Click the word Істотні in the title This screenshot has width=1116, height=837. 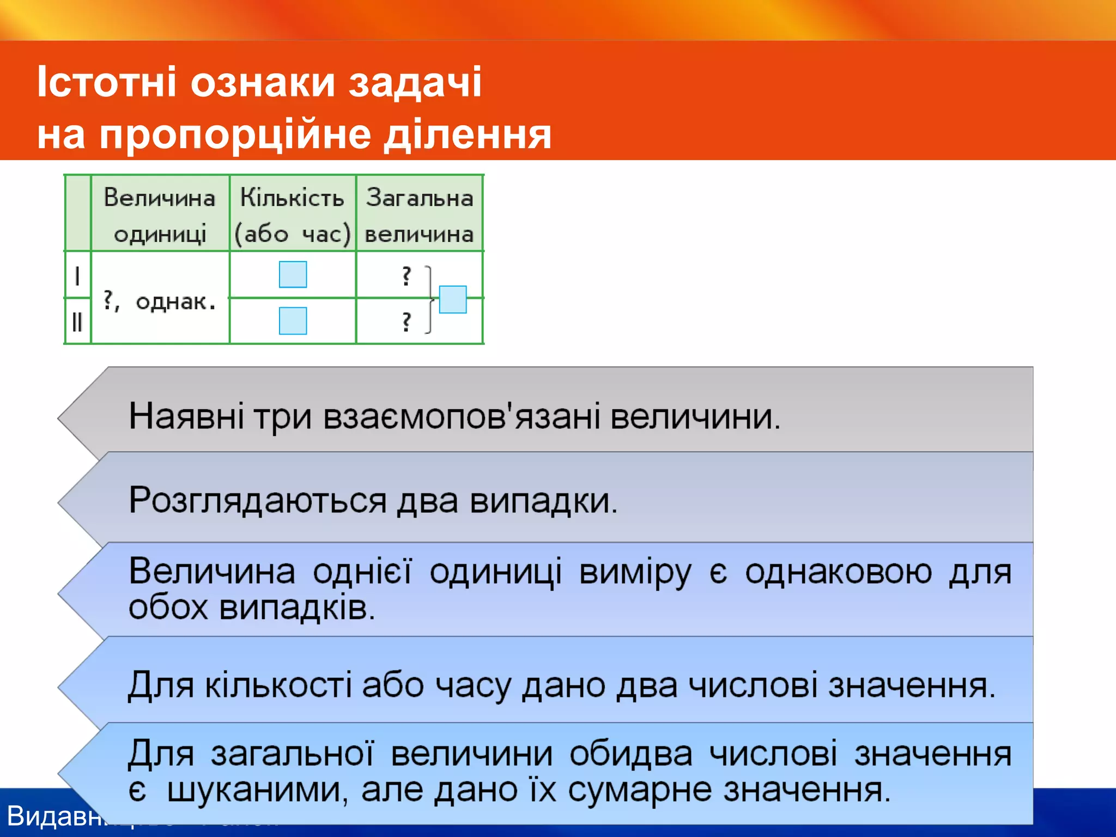[107, 82]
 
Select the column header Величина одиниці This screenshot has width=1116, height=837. [160, 215]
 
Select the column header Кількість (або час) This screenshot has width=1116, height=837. [292, 215]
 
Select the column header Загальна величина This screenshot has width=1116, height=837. [419, 215]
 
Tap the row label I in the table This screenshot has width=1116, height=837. [77, 276]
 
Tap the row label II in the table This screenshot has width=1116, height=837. [77, 322]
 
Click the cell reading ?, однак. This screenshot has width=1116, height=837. [160, 301]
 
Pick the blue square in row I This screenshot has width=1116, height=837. [293, 274]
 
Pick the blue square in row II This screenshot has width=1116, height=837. [293, 320]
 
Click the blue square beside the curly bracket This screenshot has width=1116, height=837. [453, 299]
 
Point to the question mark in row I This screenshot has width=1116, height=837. [406, 276]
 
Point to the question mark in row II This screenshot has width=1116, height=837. [406, 322]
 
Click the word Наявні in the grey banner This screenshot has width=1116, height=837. [186, 417]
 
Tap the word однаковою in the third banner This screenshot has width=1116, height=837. [838, 572]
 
